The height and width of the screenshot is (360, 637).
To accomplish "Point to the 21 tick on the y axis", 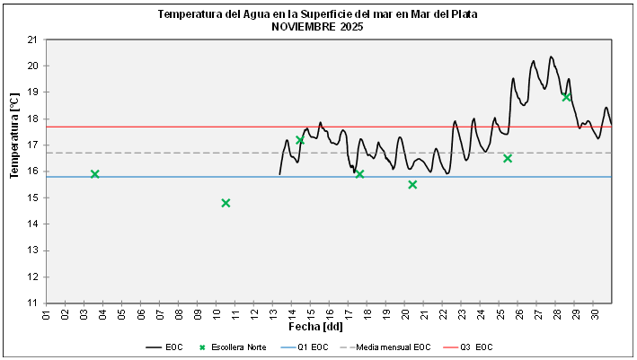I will click(x=32, y=40).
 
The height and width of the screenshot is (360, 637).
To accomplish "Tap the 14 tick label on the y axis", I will click(x=32, y=224).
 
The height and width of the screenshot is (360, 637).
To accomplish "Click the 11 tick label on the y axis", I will click(x=32, y=303).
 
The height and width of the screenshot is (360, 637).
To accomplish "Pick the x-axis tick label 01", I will click(x=46, y=313).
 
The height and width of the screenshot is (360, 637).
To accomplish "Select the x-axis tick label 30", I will click(x=595, y=313).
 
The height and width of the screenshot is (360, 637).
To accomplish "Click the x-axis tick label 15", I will click(x=311, y=313).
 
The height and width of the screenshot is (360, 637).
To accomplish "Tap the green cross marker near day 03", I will click(x=94, y=174).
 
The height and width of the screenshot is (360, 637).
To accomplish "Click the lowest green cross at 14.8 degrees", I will click(x=226, y=203).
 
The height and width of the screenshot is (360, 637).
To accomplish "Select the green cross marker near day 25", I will click(x=508, y=158).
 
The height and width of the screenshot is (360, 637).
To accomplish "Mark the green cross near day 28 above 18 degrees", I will click(x=566, y=97).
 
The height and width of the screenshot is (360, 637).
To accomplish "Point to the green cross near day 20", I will click(x=412, y=185).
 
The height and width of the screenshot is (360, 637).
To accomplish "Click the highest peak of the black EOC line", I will click(x=551, y=57).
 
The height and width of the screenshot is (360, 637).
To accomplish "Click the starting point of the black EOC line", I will click(x=280, y=173).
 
